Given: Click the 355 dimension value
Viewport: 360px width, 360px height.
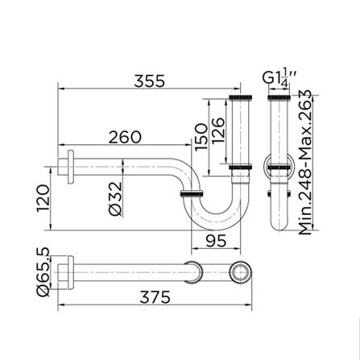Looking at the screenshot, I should click(150, 81).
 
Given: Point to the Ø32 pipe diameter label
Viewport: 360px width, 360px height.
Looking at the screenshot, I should click(114, 197).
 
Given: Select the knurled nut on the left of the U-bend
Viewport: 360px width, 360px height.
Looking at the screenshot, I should click(190, 195).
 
